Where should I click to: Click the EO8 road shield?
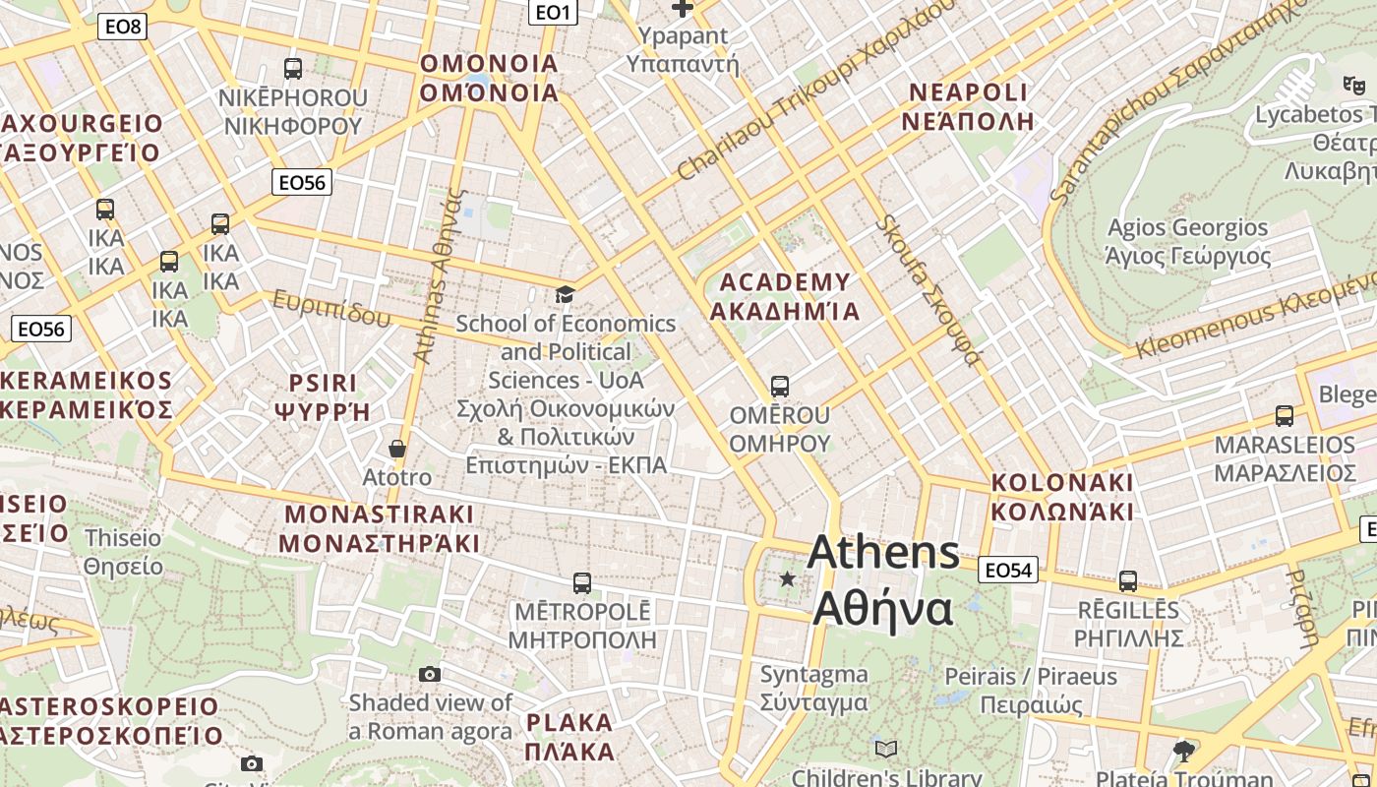point(123,27)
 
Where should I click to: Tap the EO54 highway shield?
point(1009,570)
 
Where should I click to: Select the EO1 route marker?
point(553,12)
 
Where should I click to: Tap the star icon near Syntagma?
point(787,578)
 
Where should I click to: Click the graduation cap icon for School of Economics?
point(565,294)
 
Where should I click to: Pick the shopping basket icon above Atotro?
point(397,449)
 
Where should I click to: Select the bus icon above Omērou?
point(780,386)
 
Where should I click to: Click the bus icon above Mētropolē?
point(581,582)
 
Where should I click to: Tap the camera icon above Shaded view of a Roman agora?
point(430,674)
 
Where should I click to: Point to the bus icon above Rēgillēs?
point(1128,580)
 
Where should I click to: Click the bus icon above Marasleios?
point(1285,415)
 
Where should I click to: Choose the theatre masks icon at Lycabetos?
point(1354,86)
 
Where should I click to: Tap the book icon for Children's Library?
point(886,750)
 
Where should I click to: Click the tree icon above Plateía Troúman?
point(1184,752)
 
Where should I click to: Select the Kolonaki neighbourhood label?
point(1062,497)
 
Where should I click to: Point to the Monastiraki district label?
point(380,528)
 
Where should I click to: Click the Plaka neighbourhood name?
point(570,737)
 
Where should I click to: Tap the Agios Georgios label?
point(1188,242)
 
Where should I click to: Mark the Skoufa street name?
point(929,291)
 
